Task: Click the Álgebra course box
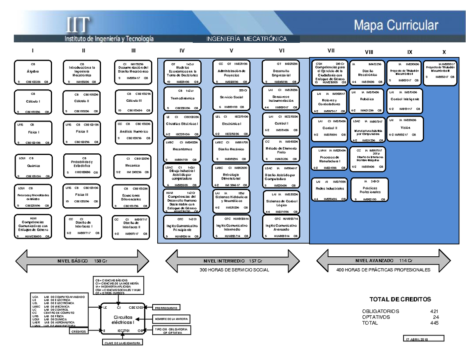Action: (33, 72)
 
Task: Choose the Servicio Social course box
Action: (231, 98)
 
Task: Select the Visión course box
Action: (405, 127)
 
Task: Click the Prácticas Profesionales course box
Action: (370, 189)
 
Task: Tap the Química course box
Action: (33, 166)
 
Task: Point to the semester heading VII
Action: (330, 50)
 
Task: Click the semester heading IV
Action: (182, 50)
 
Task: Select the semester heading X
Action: (444, 52)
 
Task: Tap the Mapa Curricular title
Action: (396, 26)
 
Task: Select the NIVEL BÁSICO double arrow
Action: (81, 261)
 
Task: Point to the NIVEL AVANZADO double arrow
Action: (383, 261)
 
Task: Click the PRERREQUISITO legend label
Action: (166, 308)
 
